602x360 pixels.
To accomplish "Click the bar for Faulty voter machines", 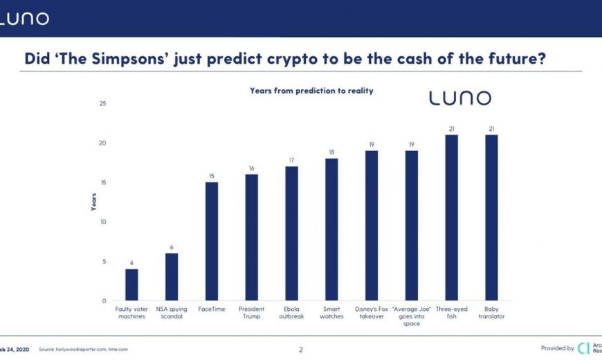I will [131, 285].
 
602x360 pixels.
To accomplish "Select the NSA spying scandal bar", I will [172, 277].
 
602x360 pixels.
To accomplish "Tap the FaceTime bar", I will [212, 241].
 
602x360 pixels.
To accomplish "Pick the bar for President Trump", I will [251, 237].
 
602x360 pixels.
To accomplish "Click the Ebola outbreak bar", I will [291, 233].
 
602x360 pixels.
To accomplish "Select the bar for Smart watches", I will [331, 229].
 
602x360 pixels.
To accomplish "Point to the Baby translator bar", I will [491, 217].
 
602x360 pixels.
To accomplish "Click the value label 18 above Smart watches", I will [331, 152].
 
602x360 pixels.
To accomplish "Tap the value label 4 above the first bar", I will [131, 263].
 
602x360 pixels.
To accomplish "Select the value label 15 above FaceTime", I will [212, 176].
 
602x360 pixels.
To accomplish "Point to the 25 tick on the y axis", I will [103, 104].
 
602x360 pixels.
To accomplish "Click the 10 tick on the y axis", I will [103, 222].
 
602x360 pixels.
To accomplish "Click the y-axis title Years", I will [93, 201].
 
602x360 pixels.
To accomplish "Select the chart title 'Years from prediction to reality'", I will [311, 91].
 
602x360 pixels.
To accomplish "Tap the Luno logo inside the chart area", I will [460, 98].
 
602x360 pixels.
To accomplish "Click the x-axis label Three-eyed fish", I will [451, 313].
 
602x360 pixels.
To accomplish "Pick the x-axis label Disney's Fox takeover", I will [372, 313].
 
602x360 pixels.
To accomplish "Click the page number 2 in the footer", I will [300, 350].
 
